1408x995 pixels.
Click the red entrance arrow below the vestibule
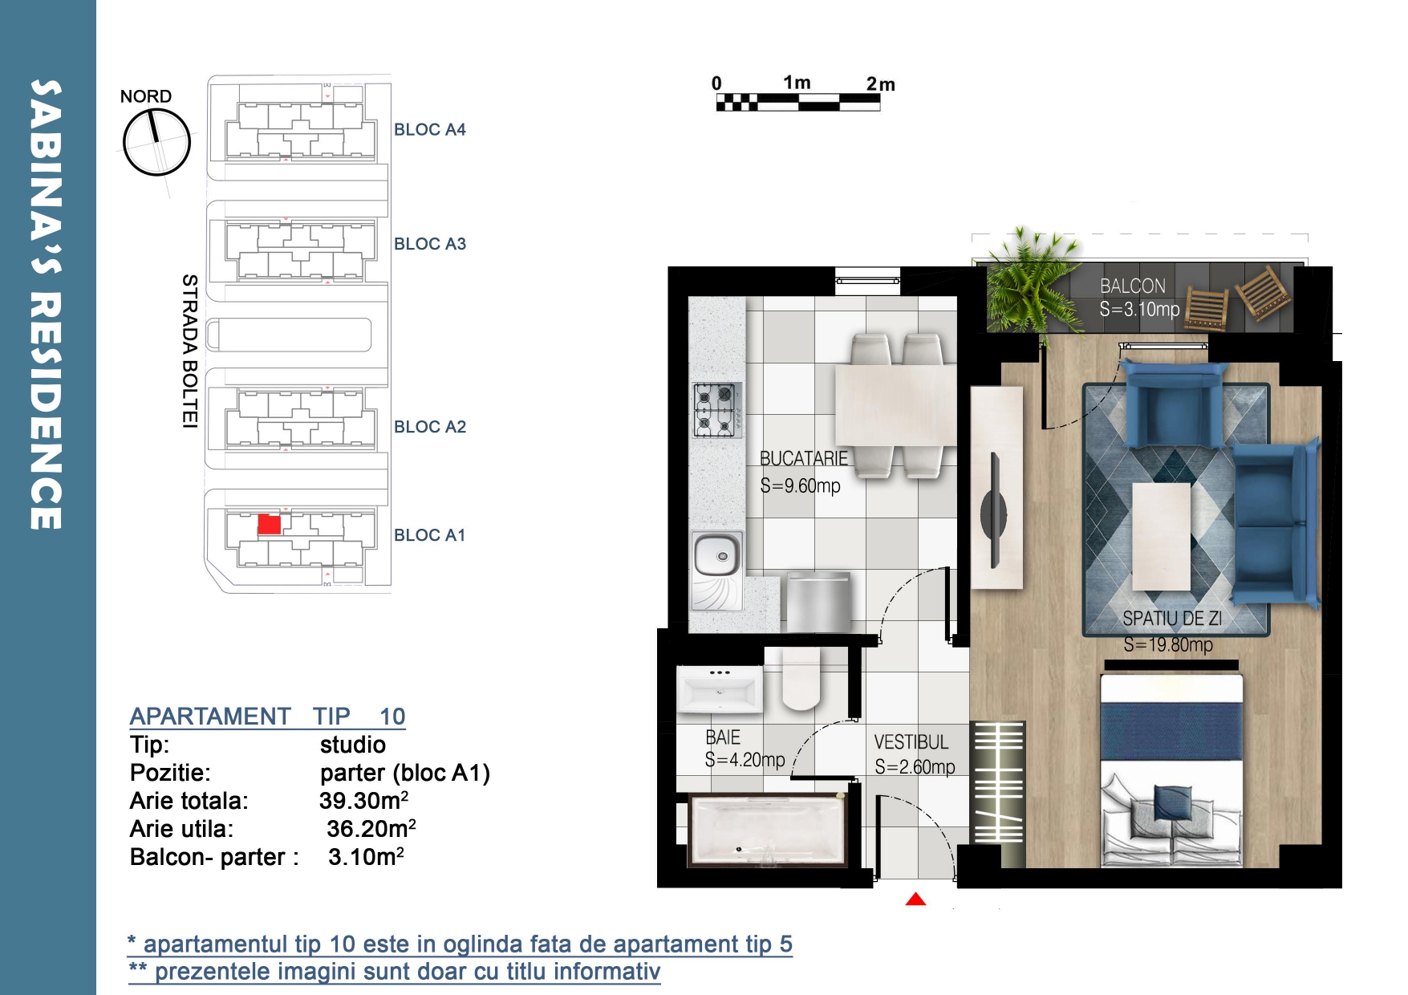pyautogui.click(x=915, y=900)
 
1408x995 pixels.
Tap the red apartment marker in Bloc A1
pyautogui.click(x=270, y=524)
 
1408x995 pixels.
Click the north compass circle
pyautogui.click(x=156, y=142)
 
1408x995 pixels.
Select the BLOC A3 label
pyautogui.click(x=429, y=244)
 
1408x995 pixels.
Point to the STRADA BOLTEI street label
pyautogui.click(x=189, y=351)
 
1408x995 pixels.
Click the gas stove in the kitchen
pyautogui.click(x=716, y=410)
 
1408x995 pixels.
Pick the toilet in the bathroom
pyautogui.click(x=801, y=679)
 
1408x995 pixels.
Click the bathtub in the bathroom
pyautogui.click(x=768, y=831)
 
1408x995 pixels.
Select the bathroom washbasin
pyautogui.click(x=719, y=688)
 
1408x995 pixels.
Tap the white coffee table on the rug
pyautogui.click(x=1161, y=536)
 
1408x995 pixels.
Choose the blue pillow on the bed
pyautogui.click(x=1172, y=802)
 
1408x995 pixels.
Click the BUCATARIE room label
pyautogui.click(x=804, y=458)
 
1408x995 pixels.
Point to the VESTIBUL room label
pyautogui.click(x=911, y=742)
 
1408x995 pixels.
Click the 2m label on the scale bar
pyautogui.click(x=880, y=84)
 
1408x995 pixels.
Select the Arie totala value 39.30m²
pyautogui.click(x=363, y=800)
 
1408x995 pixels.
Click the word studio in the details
pyautogui.click(x=353, y=745)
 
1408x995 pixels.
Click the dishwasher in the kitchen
pyautogui.click(x=818, y=602)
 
